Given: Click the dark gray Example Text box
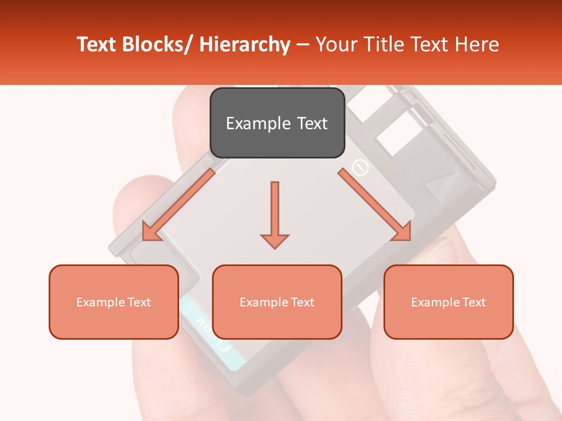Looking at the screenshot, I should (277, 123).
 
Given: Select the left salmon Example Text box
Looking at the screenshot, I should (114, 302).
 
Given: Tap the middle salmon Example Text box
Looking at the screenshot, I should (277, 302).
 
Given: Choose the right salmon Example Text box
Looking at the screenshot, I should (448, 302).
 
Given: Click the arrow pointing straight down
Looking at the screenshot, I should (275, 214).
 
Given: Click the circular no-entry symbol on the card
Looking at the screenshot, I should (360, 168).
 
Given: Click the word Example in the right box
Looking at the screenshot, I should (432, 302).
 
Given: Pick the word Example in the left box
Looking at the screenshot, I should (97, 302).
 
